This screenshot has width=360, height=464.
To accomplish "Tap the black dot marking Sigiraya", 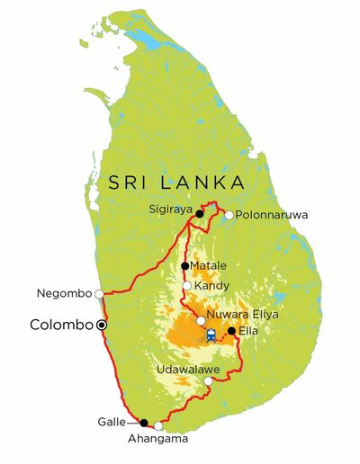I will coord(200,214).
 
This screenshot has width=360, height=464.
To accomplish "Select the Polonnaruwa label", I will coord(270,215).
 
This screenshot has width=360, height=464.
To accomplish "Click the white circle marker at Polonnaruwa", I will coord(229,215).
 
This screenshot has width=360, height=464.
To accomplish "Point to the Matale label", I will coord(210,265).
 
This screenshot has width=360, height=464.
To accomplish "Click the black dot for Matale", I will coord(184,265).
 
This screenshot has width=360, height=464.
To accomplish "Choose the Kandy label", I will coord(210,286).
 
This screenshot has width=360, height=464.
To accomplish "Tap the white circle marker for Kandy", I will coord(186,286).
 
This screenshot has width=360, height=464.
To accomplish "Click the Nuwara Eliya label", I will coord(243,315).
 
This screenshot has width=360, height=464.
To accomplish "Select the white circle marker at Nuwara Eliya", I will coord(201,320).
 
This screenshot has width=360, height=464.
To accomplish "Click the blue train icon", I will coord(211,335).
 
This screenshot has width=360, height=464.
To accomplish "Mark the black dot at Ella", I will coord(232,331).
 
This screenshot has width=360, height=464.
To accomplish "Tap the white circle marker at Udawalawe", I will coord(208,381).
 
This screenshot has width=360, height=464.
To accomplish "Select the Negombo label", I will coord(64,293).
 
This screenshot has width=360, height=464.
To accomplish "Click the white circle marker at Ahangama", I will coord(159,426).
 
